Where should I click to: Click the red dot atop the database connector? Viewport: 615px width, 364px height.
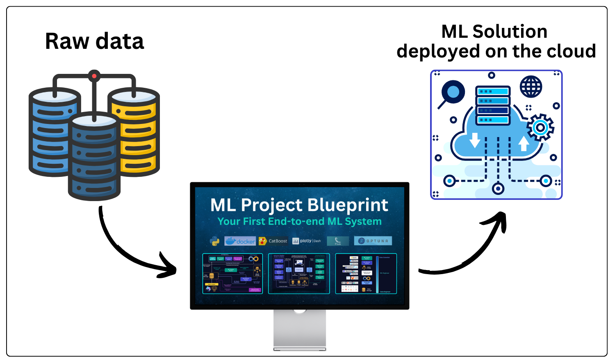tap(94, 76)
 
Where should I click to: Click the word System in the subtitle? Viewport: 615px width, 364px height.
tap(363, 222)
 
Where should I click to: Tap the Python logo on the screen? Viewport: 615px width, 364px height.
tap(214, 241)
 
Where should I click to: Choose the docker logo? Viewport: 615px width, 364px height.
tap(240, 241)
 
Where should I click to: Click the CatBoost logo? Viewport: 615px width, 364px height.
tap(273, 241)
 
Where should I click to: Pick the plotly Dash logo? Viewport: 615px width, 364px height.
tap(307, 241)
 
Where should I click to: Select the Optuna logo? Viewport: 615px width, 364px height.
tap(373, 241)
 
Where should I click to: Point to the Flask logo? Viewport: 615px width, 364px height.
tap(338, 241)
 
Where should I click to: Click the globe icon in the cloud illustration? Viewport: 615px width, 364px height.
tap(531, 87)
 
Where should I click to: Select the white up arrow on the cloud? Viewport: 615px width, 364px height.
tap(524, 144)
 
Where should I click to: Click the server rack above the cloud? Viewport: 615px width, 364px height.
tap(493, 105)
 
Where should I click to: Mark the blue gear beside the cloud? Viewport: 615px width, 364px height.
tap(540, 128)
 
